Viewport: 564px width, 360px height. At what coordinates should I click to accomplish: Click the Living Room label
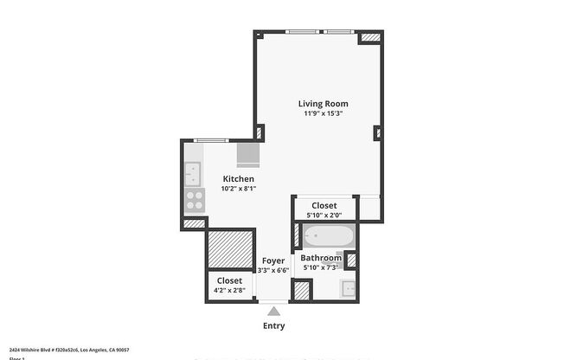coord(324,104)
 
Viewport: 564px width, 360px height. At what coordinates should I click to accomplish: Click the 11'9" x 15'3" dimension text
coord(324,114)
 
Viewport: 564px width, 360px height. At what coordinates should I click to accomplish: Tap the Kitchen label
coord(238,178)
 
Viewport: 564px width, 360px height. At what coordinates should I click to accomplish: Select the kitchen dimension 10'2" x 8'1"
coord(238,189)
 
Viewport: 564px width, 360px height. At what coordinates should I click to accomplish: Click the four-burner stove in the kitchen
coord(194,201)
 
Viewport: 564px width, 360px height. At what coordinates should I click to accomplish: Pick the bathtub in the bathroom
coord(327,235)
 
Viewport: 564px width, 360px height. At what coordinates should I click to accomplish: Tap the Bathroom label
coord(321,258)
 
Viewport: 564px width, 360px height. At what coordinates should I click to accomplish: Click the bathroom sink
coord(349,289)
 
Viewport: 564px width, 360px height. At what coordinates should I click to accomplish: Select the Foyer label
coord(273,260)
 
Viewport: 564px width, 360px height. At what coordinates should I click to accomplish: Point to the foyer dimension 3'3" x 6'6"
coord(273,270)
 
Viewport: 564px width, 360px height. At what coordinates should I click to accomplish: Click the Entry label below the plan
coord(273,326)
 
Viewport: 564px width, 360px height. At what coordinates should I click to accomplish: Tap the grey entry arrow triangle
coord(273,311)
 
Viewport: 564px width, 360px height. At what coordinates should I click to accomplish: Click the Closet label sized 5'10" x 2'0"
coord(324,205)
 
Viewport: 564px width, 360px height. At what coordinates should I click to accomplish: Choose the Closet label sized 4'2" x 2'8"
coord(229,280)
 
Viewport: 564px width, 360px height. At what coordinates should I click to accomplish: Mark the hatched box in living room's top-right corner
coord(369,38)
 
